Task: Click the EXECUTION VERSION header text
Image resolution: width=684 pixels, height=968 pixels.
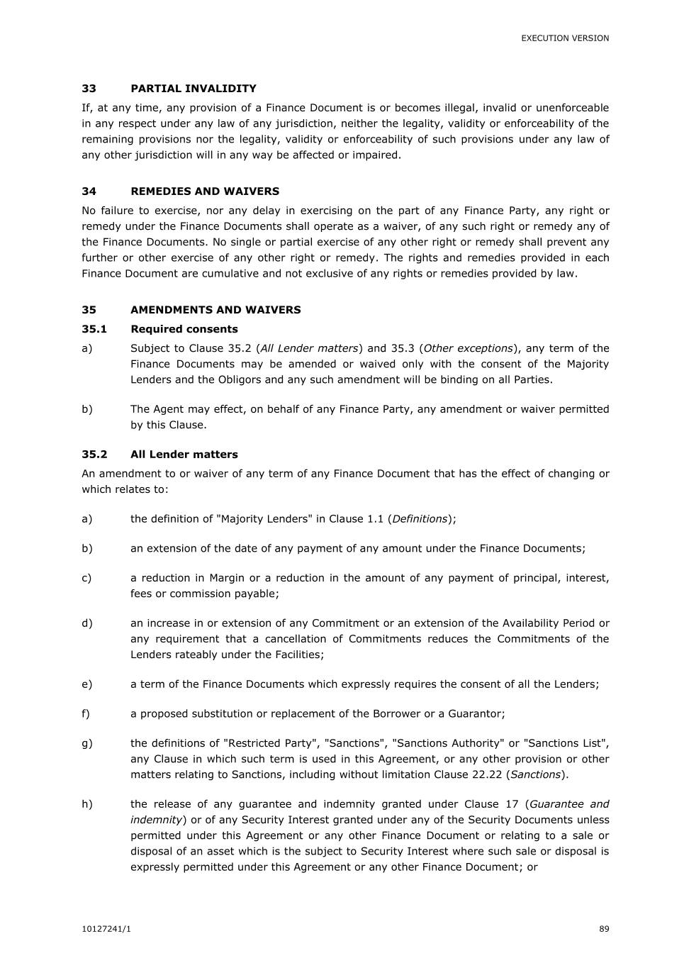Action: pos(565,38)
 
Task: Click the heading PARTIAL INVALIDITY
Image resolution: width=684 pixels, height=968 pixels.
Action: pos(193,89)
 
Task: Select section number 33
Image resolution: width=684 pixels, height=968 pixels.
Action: pos(89,89)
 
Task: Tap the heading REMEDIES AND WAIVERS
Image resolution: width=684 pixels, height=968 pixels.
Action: pos(205,191)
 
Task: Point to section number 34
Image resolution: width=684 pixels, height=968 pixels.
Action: pos(89,191)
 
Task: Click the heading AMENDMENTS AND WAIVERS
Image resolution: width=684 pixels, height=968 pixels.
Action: pos(215,310)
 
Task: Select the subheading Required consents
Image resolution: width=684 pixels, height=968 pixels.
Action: pos(184,329)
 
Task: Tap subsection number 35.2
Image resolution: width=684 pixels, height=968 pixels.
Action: pos(94,455)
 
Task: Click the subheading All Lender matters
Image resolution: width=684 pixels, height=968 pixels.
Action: pos(184,455)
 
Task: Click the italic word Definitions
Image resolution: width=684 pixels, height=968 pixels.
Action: pos(420,519)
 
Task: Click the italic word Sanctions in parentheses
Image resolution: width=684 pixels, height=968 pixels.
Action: pos(536,774)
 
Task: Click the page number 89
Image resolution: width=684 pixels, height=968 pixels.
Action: pos(604,929)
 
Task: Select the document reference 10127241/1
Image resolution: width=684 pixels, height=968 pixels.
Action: pos(106,929)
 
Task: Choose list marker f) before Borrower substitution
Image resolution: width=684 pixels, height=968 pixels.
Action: pos(86,714)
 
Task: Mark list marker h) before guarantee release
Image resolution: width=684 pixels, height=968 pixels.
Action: pos(86,804)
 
